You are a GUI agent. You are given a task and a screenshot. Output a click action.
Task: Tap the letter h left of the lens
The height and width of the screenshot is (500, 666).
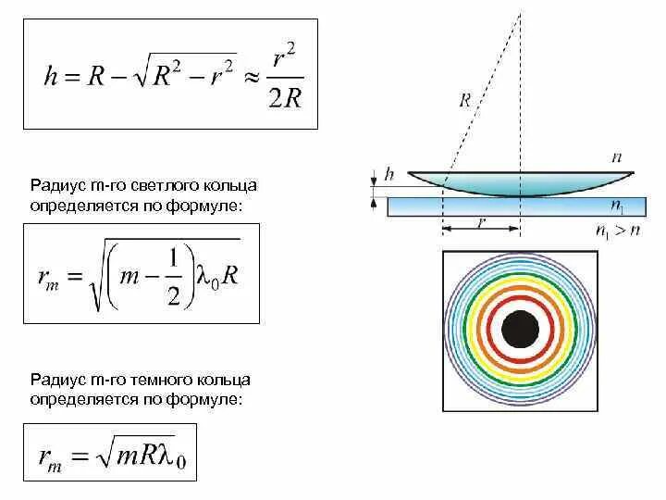click(389, 173)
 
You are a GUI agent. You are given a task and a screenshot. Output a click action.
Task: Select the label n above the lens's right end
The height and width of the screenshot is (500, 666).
click(617, 158)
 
